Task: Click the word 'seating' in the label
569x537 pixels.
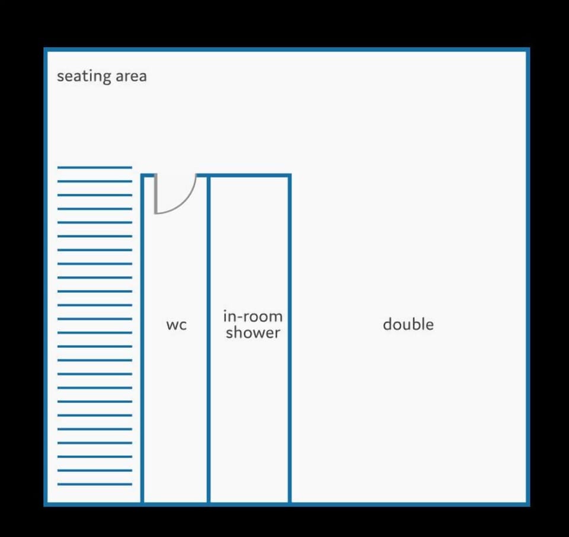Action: pos(84,76)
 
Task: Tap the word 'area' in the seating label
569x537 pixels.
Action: pos(131,76)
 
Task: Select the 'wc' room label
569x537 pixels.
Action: pos(177,325)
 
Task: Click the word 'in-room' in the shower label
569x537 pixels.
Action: pos(253,317)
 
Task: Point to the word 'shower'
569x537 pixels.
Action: pos(253,333)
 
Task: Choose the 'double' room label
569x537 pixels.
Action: pos(408,324)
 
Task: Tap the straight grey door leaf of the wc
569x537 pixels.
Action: pos(156,194)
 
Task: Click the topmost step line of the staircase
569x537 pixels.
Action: pos(95,168)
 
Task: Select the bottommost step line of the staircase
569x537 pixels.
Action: pos(95,484)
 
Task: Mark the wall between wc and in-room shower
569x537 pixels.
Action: pos(209,339)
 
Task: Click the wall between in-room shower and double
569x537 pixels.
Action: pos(290,339)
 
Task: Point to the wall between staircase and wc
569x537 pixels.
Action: pos(142,339)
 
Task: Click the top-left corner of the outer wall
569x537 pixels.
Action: pos(46,50)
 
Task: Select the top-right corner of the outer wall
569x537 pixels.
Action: pos(528,50)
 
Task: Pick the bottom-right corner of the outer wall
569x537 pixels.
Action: pos(528,504)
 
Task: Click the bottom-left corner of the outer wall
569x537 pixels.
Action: pos(46,504)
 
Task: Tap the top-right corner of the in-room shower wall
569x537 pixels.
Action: pos(290,176)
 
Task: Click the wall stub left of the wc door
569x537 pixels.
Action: pos(148,176)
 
